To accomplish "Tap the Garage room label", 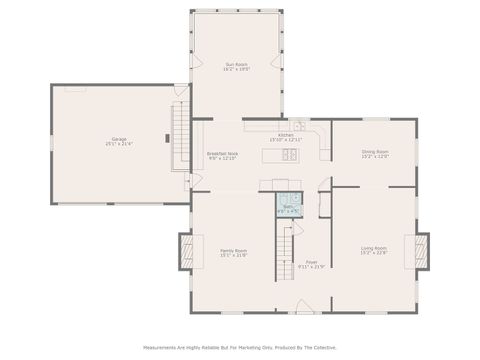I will (x=119, y=139).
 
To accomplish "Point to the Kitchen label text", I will (x=285, y=133).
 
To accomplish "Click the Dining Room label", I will (x=375, y=151).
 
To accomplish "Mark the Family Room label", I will (x=234, y=250).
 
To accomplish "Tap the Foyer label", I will (x=312, y=261).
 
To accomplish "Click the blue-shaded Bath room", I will (x=288, y=205).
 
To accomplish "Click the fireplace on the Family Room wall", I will (x=185, y=251).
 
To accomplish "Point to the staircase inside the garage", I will (x=180, y=129).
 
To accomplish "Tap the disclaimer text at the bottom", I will (x=240, y=348).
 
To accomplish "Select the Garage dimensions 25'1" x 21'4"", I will (x=119, y=144).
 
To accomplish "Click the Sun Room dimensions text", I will (x=236, y=70).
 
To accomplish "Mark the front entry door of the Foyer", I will (x=312, y=313).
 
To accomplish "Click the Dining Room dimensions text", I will (x=375, y=156).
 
